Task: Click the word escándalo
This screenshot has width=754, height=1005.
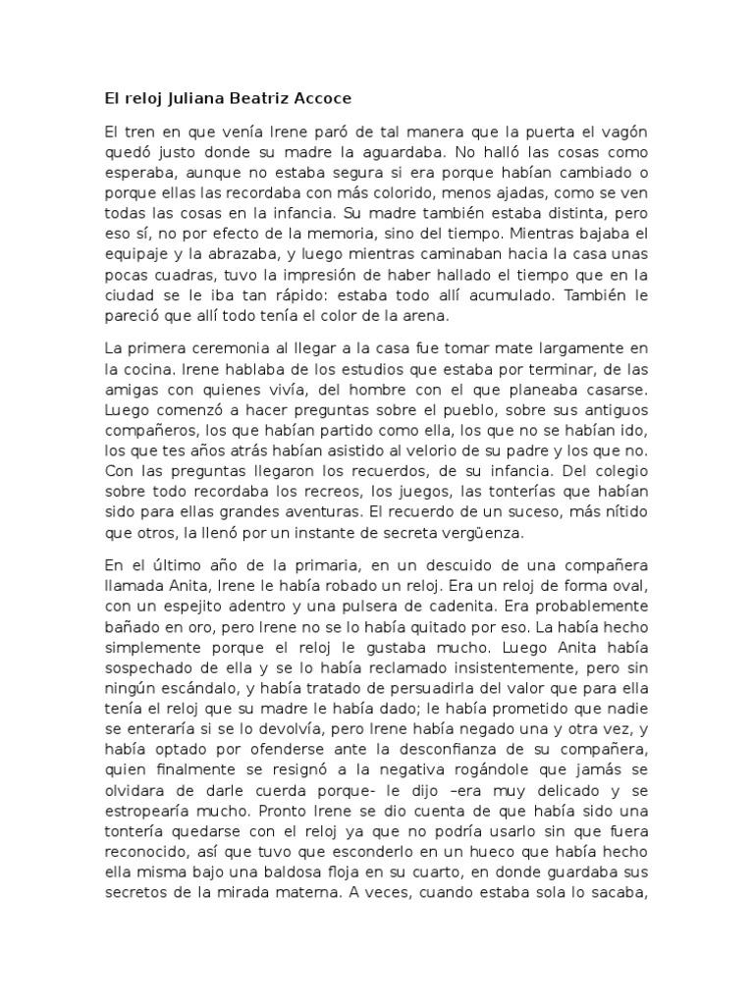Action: [207, 693]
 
